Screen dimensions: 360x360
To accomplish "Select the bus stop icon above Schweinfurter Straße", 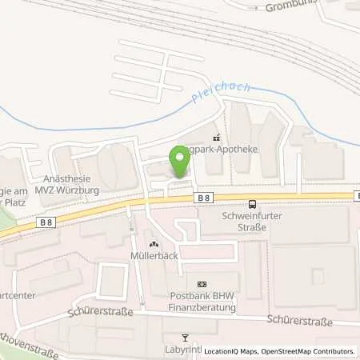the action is coord(253,203).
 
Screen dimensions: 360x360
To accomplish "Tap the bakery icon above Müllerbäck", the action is coord(154,244).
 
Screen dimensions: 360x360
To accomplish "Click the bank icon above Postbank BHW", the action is coord(201,283).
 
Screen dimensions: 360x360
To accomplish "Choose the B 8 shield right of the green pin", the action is coord(205,198).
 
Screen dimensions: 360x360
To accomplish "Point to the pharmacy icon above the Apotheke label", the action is coord(216,135).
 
